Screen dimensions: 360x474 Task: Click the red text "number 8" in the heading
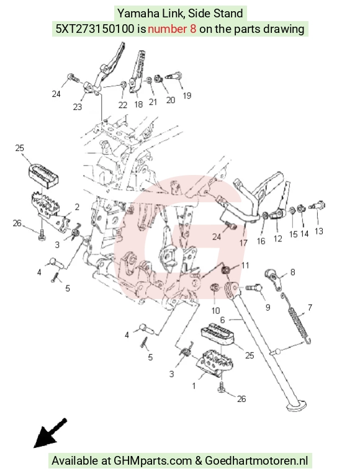pos(172,29)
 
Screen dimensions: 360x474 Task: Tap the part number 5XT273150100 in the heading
pos(95,29)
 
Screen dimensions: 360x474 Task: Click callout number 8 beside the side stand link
pos(292,272)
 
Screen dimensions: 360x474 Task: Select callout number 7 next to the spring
pos(310,308)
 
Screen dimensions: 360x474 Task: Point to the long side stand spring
pos(296,318)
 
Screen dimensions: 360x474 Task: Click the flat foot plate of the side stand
pos(296,406)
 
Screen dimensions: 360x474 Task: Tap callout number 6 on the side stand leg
pos(223,320)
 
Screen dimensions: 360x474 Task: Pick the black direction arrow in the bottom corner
pos(50,433)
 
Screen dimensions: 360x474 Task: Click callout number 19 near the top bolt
pos(187,96)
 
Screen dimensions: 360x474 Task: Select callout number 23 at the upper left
pos(78,107)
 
